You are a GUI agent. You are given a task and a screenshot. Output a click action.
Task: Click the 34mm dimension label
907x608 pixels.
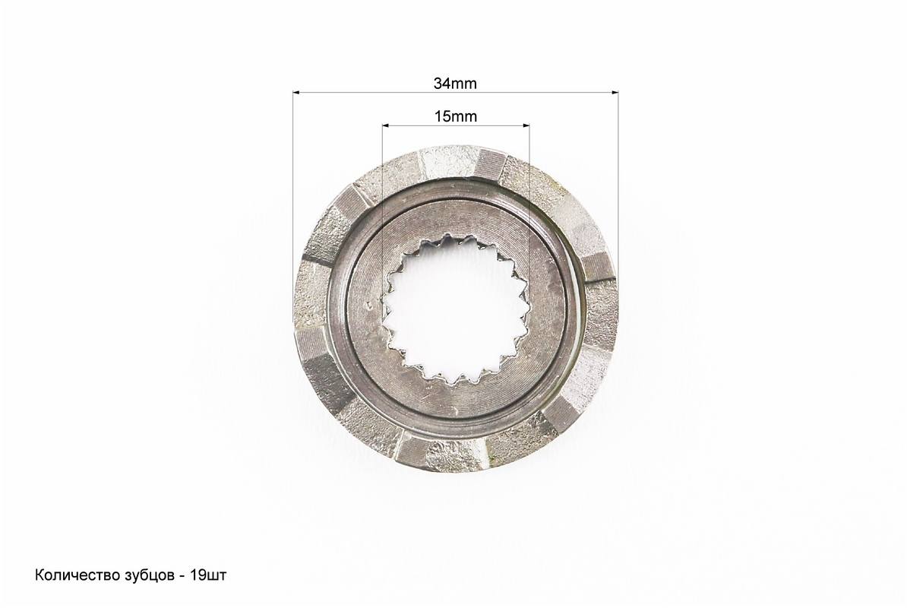455,84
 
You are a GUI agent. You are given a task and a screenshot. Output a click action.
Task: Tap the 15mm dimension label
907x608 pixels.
455,116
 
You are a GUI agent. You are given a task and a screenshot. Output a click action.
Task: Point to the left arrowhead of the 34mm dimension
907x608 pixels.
296,91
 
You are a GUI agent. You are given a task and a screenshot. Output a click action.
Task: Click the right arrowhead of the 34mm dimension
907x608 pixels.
615,91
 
